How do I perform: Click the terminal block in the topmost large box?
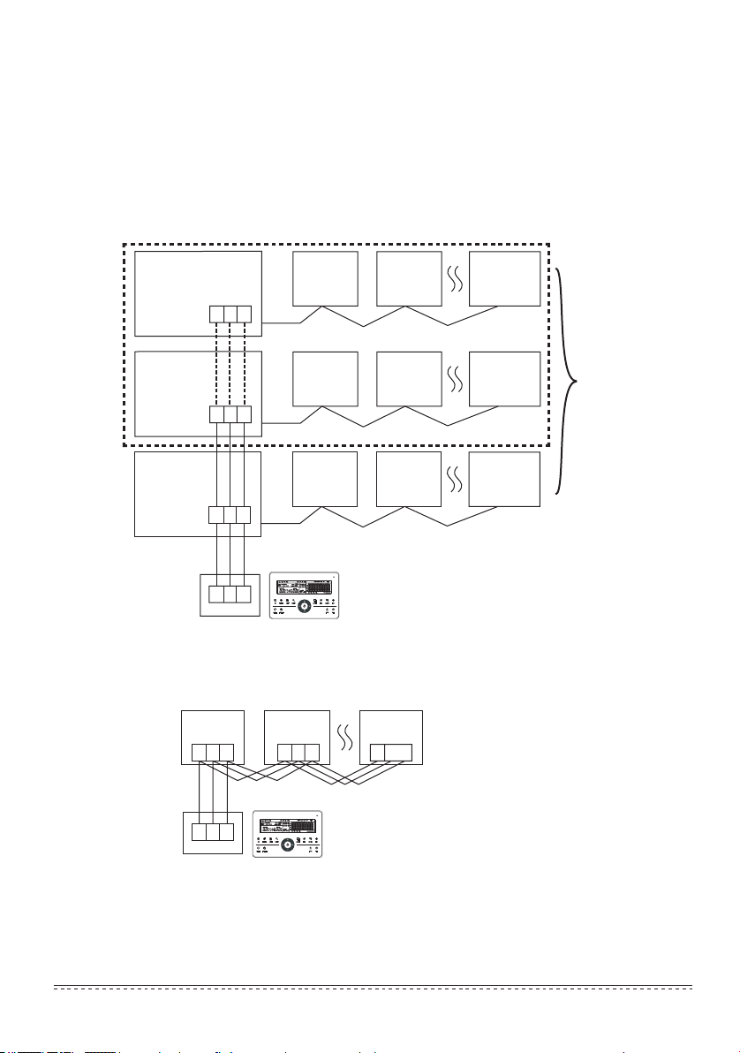[230, 314]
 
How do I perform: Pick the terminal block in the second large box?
[230, 413]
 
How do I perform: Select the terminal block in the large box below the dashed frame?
[230, 514]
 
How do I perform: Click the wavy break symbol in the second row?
[456, 380]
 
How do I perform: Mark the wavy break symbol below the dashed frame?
[456, 481]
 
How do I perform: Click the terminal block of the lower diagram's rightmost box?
[390, 754]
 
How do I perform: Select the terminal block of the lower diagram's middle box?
[298, 754]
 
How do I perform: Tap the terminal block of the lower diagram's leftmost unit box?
[213, 754]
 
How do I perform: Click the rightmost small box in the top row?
[504, 280]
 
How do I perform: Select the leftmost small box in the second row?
[325, 380]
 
